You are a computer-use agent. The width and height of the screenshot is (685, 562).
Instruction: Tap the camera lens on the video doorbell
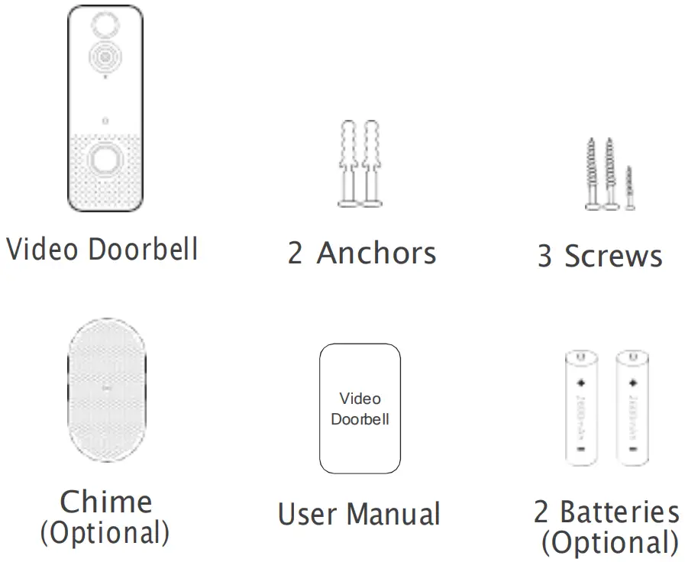(x=104, y=56)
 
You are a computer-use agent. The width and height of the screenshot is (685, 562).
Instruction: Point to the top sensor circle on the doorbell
(x=104, y=24)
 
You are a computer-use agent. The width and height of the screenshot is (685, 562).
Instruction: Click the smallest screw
(x=629, y=188)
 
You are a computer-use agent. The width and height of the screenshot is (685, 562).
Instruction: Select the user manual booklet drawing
(x=360, y=409)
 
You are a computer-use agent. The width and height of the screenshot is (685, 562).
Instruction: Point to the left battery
(x=582, y=408)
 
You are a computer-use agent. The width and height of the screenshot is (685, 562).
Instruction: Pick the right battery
(x=632, y=408)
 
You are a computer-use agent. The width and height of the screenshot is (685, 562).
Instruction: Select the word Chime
(x=105, y=502)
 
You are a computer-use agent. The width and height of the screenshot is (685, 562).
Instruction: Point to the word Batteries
(x=619, y=512)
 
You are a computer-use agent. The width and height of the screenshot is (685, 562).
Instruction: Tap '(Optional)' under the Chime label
(x=105, y=532)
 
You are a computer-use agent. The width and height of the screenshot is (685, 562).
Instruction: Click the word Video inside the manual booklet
(x=360, y=399)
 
